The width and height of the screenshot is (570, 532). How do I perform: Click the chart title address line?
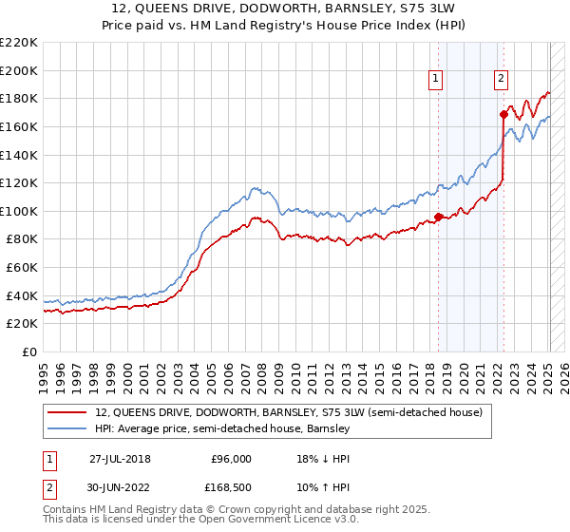[x=285, y=9]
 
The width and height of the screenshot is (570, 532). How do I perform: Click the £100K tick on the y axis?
[x=19, y=211]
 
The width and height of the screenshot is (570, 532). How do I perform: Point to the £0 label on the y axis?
[x=28, y=351]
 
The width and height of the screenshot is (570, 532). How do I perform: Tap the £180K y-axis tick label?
[x=19, y=98]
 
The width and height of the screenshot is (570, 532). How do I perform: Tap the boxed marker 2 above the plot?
[x=501, y=79]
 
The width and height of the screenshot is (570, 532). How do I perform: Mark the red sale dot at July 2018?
[x=438, y=217]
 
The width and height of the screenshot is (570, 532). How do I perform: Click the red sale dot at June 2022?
[x=503, y=115]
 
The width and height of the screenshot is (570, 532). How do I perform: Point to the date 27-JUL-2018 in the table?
[x=120, y=458]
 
